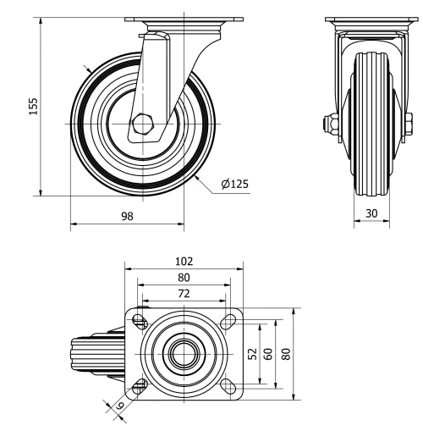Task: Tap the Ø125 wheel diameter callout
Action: (x=234, y=184)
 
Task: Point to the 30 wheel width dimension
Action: (x=371, y=214)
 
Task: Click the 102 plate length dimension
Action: (x=184, y=262)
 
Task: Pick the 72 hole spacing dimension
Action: (x=184, y=293)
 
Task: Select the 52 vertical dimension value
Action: (x=252, y=353)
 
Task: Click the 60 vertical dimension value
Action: (x=267, y=353)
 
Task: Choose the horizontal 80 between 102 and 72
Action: (x=184, y=278)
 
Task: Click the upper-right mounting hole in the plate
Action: (x=226, y=321)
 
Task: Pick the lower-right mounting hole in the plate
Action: (x=226, y=385)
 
